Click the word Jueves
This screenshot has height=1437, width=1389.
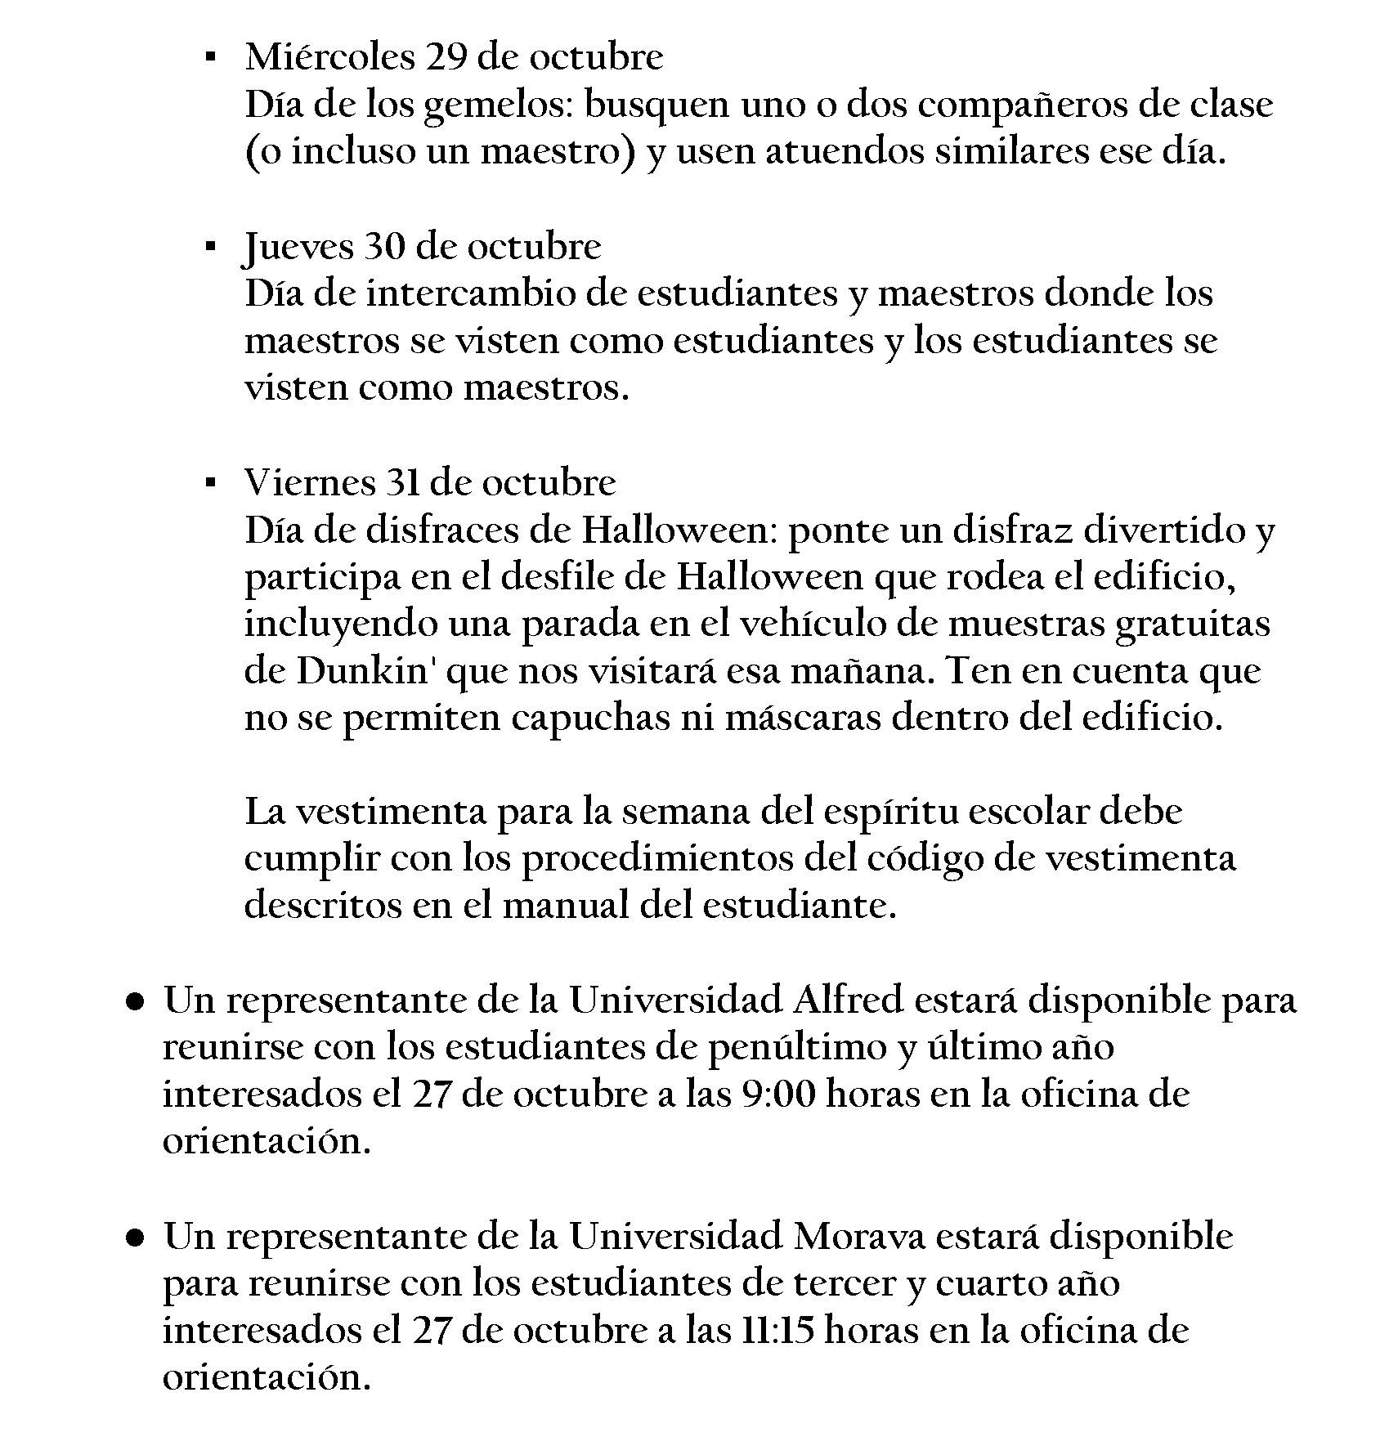(298, 246)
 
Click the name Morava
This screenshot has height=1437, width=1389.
(859, 1237)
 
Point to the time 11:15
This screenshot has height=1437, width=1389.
(778, 1331)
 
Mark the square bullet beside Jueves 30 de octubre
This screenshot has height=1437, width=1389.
(211, 246)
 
